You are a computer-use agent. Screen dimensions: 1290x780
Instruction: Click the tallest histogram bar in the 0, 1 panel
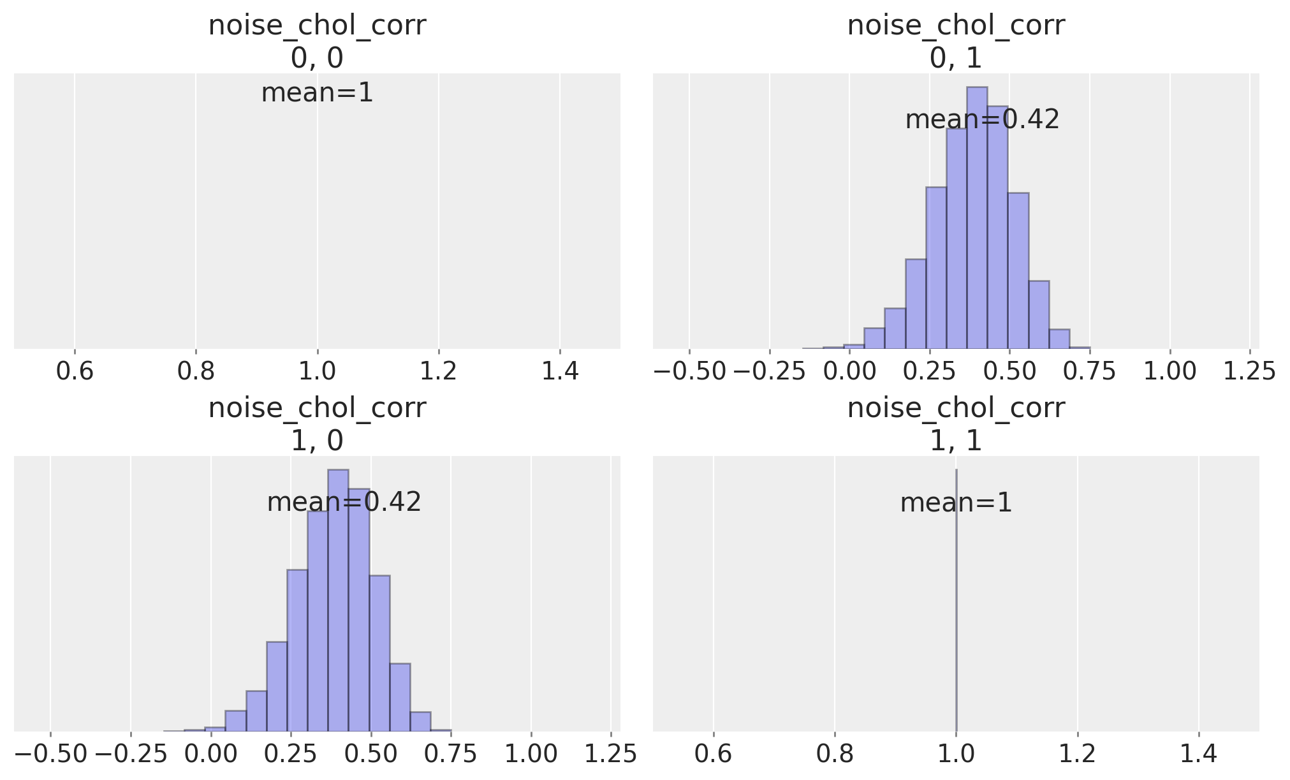[x=977, y=217]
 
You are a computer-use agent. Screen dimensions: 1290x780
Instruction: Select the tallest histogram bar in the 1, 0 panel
[x=338, y=600]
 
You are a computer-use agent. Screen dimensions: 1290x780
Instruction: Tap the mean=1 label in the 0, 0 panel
[x=317, y=93]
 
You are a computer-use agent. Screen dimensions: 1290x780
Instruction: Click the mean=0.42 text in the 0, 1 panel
[x=983, y=120]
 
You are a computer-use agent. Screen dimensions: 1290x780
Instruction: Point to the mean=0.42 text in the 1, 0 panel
[x=344, y=503]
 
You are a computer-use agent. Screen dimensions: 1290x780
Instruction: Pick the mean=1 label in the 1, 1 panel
[x=956, y=503]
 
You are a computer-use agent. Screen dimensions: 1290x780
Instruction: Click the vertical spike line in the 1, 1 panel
[x=957, y=600]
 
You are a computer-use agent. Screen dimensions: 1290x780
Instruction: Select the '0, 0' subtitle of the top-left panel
[x=317, y=59]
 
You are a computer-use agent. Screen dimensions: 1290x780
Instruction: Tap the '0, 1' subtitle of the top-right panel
[x=956, y=59]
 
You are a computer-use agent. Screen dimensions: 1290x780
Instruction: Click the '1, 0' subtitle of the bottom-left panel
[x=317, y=441]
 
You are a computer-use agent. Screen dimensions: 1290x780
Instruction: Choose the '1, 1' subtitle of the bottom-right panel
[x=956, y=441]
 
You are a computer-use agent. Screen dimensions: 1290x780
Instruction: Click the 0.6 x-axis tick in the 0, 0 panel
[x=75, y=371]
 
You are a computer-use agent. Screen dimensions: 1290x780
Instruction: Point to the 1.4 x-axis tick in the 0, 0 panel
[x=560, y=371]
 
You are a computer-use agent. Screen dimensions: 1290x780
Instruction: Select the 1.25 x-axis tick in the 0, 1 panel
[x=1249, y=371]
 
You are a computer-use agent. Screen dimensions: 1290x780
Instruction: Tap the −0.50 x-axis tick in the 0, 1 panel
[x=690, y=371]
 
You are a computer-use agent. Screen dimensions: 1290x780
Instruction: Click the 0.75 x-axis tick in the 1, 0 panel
[x=451, y=754]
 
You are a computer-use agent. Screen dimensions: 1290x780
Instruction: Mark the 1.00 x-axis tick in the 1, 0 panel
[x=531, y=754]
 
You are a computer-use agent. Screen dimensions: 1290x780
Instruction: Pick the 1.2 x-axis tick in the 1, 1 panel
[x=1077, y=754]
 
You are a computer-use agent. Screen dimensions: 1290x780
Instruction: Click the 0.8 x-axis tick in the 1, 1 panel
[x=835, y=754]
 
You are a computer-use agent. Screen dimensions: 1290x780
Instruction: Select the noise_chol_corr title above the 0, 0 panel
[x=317, y=26]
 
